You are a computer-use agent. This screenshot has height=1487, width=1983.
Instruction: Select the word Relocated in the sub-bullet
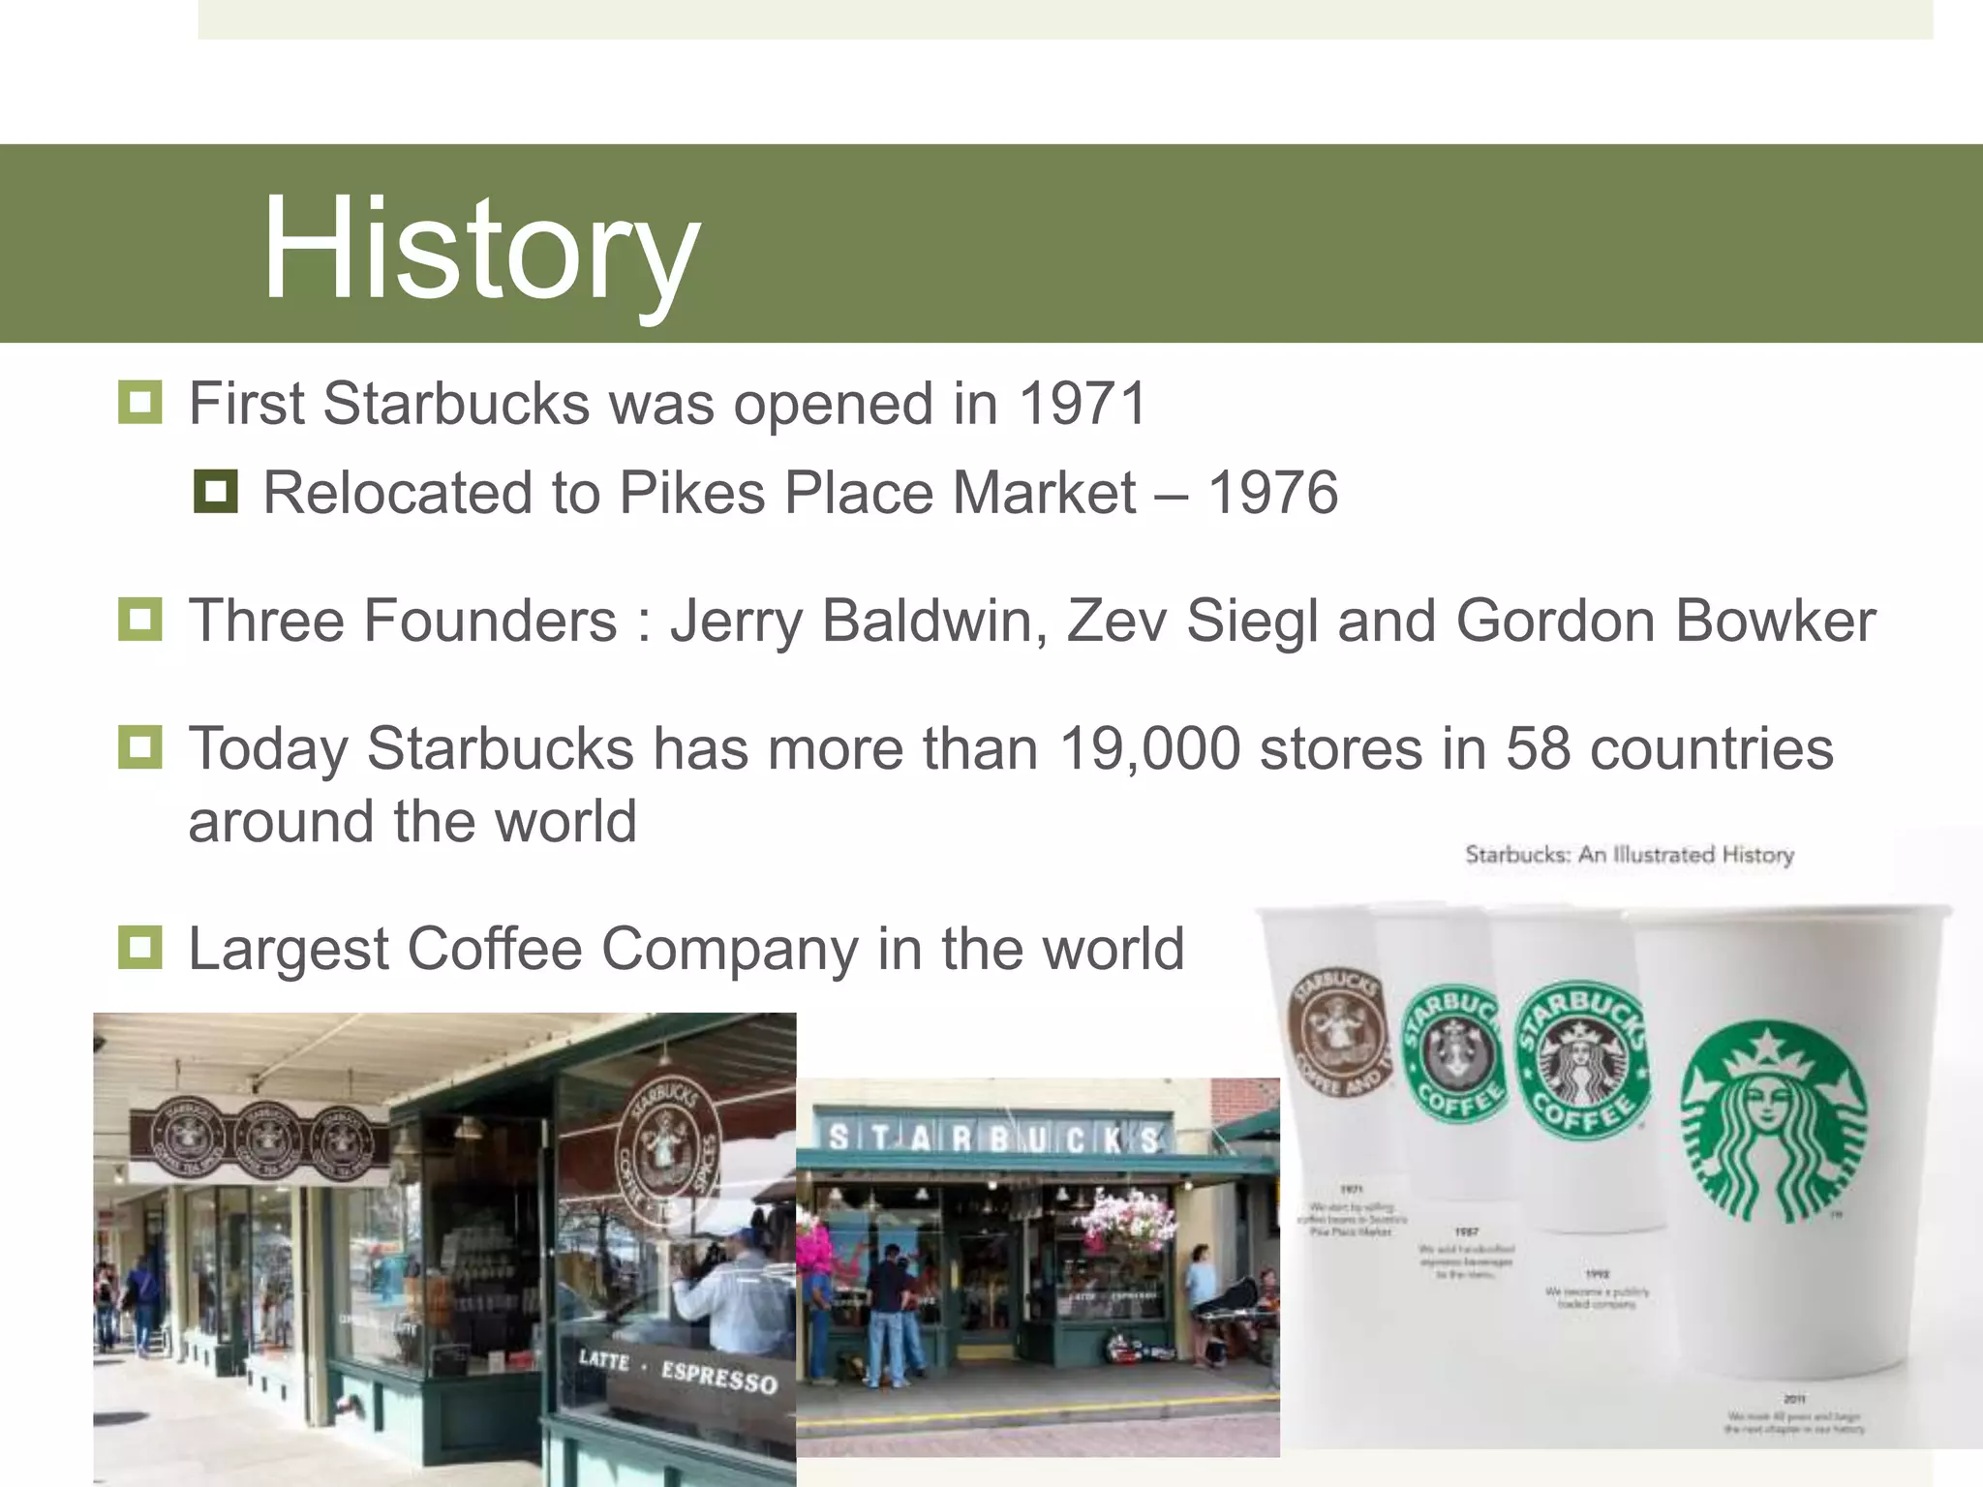click(x=397, y=493)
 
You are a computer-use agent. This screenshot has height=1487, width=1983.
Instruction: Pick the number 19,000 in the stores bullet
click(x=1149, y=748)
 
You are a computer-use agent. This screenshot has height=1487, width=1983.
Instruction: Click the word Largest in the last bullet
click(x=288, y=949)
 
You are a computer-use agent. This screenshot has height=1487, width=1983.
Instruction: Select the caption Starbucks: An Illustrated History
click(x=1629, y=855)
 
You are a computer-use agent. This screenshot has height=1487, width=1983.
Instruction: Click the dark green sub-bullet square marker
click(x=215, y=491)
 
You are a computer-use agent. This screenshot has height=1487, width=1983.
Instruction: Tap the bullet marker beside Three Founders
click(x=139, y=619)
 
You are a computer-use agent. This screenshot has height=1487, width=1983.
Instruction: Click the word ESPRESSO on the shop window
click(x=718, y=1376)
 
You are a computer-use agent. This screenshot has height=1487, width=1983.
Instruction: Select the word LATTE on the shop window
click(x=603, y=1359)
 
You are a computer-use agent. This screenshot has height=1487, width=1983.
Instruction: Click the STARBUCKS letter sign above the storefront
click(x=993, y=1139)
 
